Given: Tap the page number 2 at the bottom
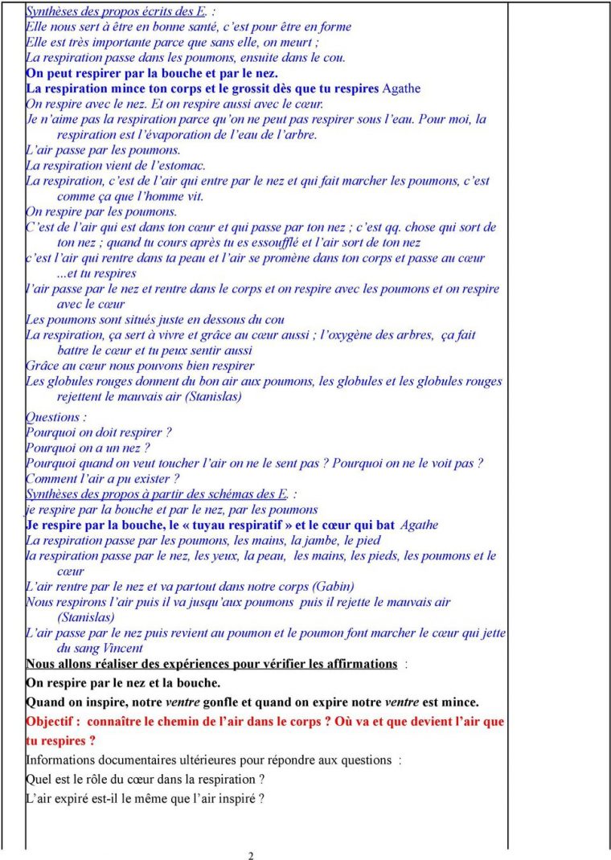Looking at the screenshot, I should tap(251, 855).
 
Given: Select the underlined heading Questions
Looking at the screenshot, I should tap(53, 417).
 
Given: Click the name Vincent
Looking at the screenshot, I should tap(124, 648).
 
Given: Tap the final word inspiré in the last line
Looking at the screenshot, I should tap(240, 799).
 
